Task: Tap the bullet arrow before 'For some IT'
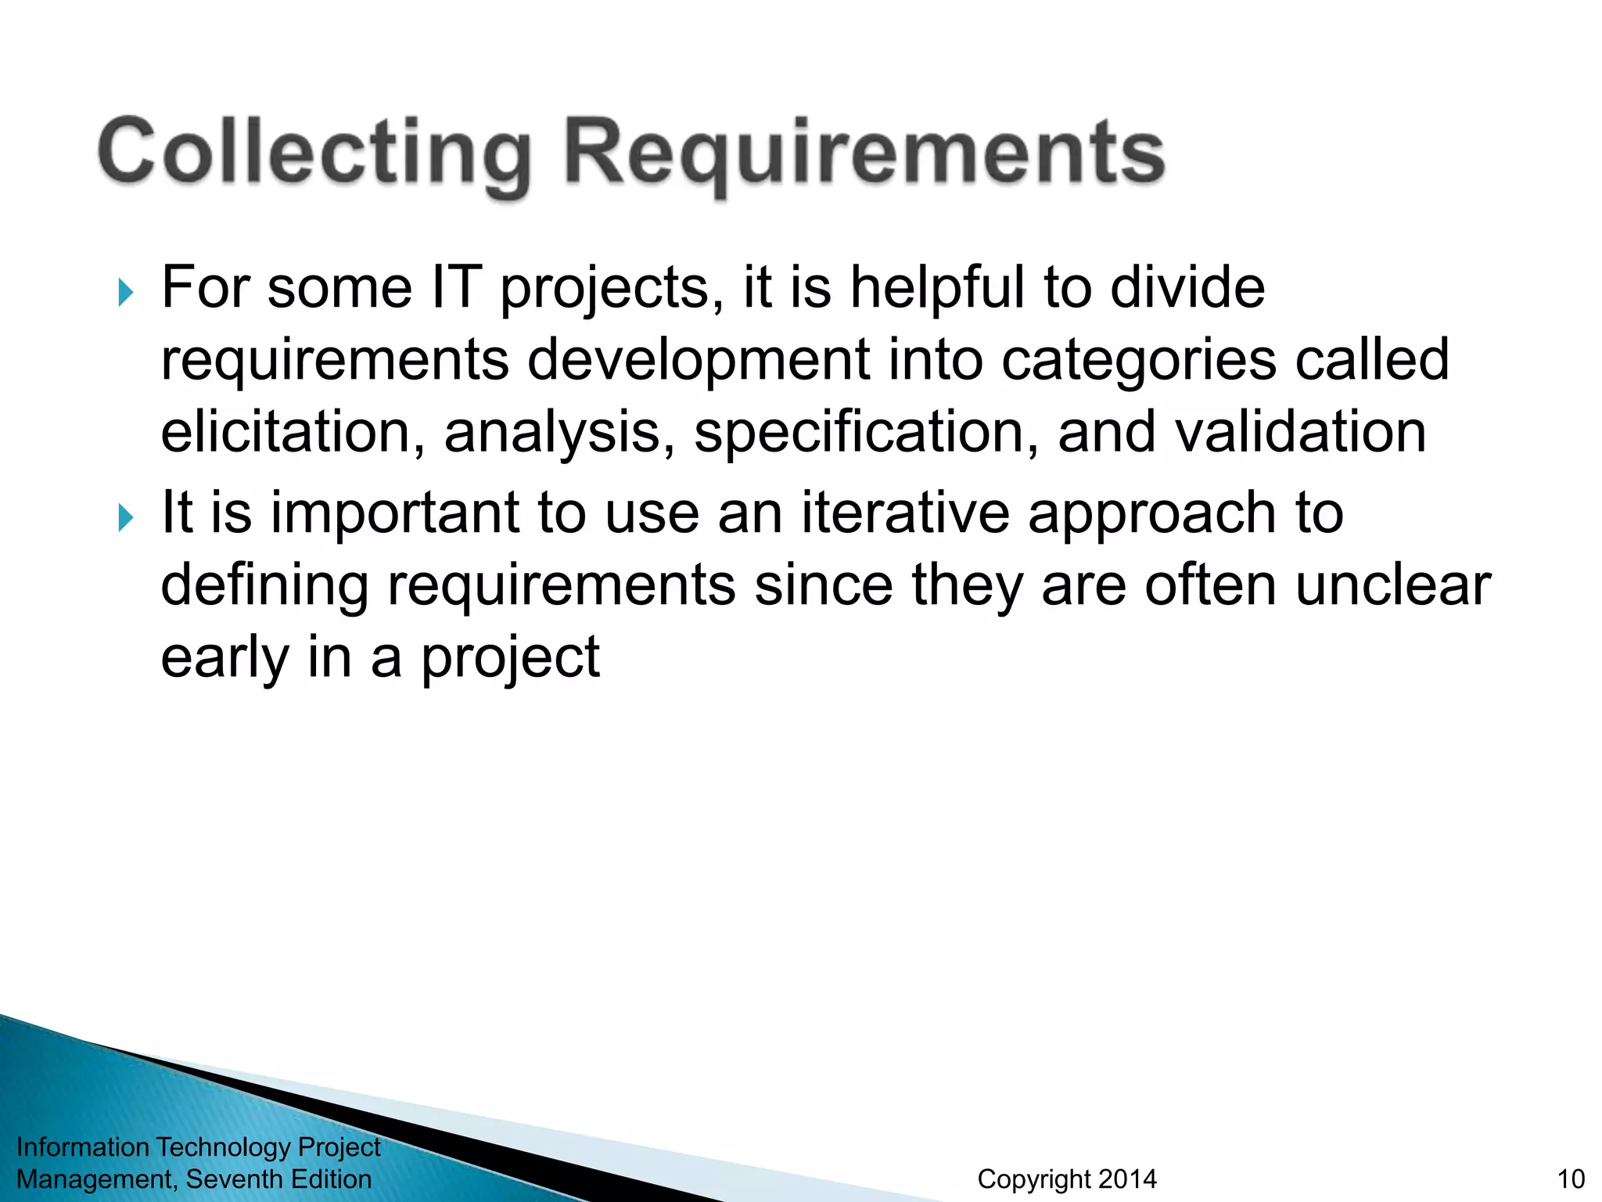126,293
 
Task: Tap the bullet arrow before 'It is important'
126,517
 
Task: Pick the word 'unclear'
1393,585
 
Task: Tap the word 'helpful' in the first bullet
937,287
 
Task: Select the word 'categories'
1138,360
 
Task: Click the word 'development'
698,360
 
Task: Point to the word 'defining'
264,585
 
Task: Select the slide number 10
1571,1179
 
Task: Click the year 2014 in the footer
1126,1179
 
